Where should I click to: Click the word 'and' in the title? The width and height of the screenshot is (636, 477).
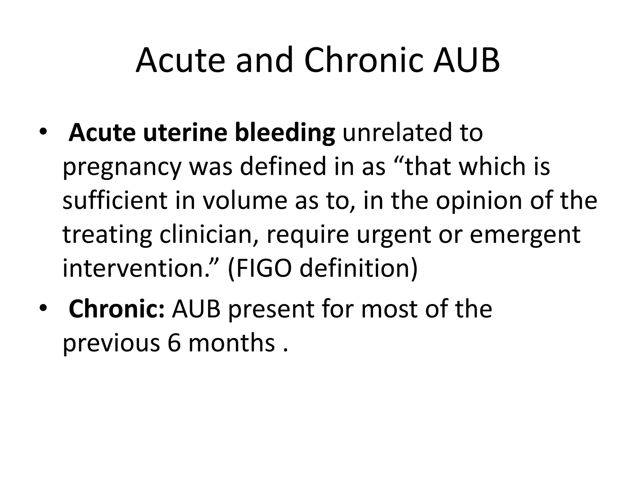click(x=264, y=61)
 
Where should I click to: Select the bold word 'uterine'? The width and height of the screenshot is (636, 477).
click(x=184, y=133)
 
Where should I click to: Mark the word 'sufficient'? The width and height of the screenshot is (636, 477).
click(x=115, y=200)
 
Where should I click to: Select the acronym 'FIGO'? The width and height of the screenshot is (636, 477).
click(x=264, y=268)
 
